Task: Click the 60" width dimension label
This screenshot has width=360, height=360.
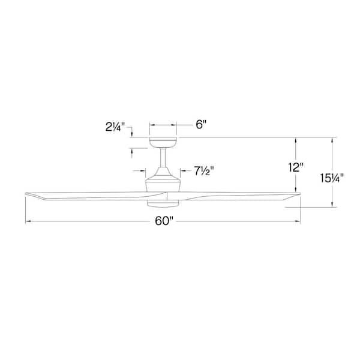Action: pos(163,221)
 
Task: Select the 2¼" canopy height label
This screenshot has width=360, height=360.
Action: pos(114,127)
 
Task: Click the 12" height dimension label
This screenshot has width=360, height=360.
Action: pos(296,168)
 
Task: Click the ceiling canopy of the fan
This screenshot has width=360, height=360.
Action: pos(163,142)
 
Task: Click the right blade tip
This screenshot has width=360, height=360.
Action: pos(297,194)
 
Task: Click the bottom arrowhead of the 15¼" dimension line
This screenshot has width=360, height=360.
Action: pos(332,205)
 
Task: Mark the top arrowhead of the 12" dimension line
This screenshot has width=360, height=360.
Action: pos(296,140)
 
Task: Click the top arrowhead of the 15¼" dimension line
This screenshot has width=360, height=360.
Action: pos(332,140)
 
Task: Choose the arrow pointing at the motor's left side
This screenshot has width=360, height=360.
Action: pos(145,171)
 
